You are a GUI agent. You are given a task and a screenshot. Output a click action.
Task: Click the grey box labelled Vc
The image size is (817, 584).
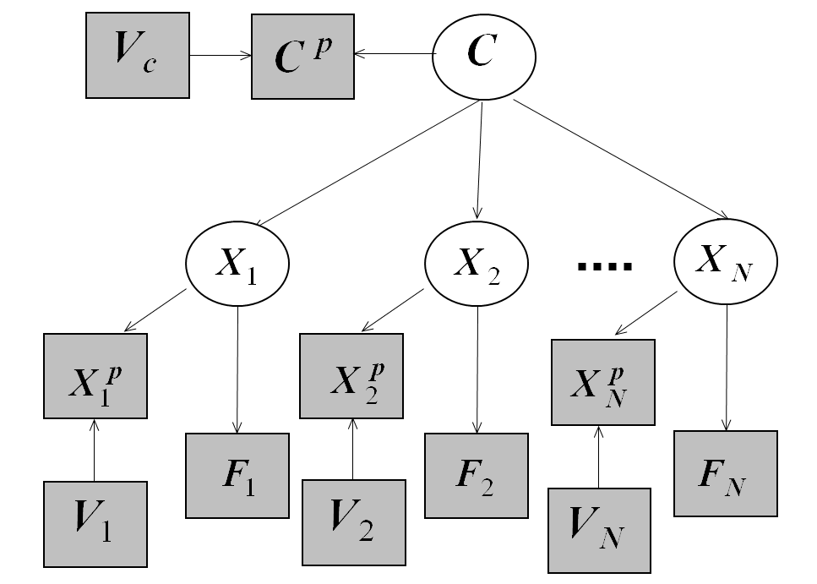[x=137, y=56]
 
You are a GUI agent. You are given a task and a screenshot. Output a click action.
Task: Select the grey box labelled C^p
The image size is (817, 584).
[x=302, y=56]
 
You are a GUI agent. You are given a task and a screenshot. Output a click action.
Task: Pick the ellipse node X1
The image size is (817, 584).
[x=237, y=264]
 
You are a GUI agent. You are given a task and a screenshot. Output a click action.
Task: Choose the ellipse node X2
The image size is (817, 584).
[x=477, y=264]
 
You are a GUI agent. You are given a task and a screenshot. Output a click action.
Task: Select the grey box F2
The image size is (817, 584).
[x=476, y=475]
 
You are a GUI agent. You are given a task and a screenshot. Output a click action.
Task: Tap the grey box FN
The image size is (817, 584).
[x=725, y=473]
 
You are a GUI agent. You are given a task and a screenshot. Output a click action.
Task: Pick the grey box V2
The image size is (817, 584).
[x=352, y=521]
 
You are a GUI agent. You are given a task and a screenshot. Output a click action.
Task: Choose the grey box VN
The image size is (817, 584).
[x=599, y=530]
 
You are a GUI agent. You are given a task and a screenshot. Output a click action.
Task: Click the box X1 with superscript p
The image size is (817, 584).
[x=95, y=375]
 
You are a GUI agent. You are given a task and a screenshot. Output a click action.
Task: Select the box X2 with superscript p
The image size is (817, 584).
[x=352, y=375]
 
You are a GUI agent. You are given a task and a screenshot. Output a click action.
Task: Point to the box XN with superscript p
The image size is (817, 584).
[x=602, y=382]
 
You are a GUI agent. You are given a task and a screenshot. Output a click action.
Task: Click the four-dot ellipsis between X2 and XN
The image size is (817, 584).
[x=604, y=266]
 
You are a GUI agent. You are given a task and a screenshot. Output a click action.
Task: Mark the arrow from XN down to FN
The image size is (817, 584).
[x=727, y=368]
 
